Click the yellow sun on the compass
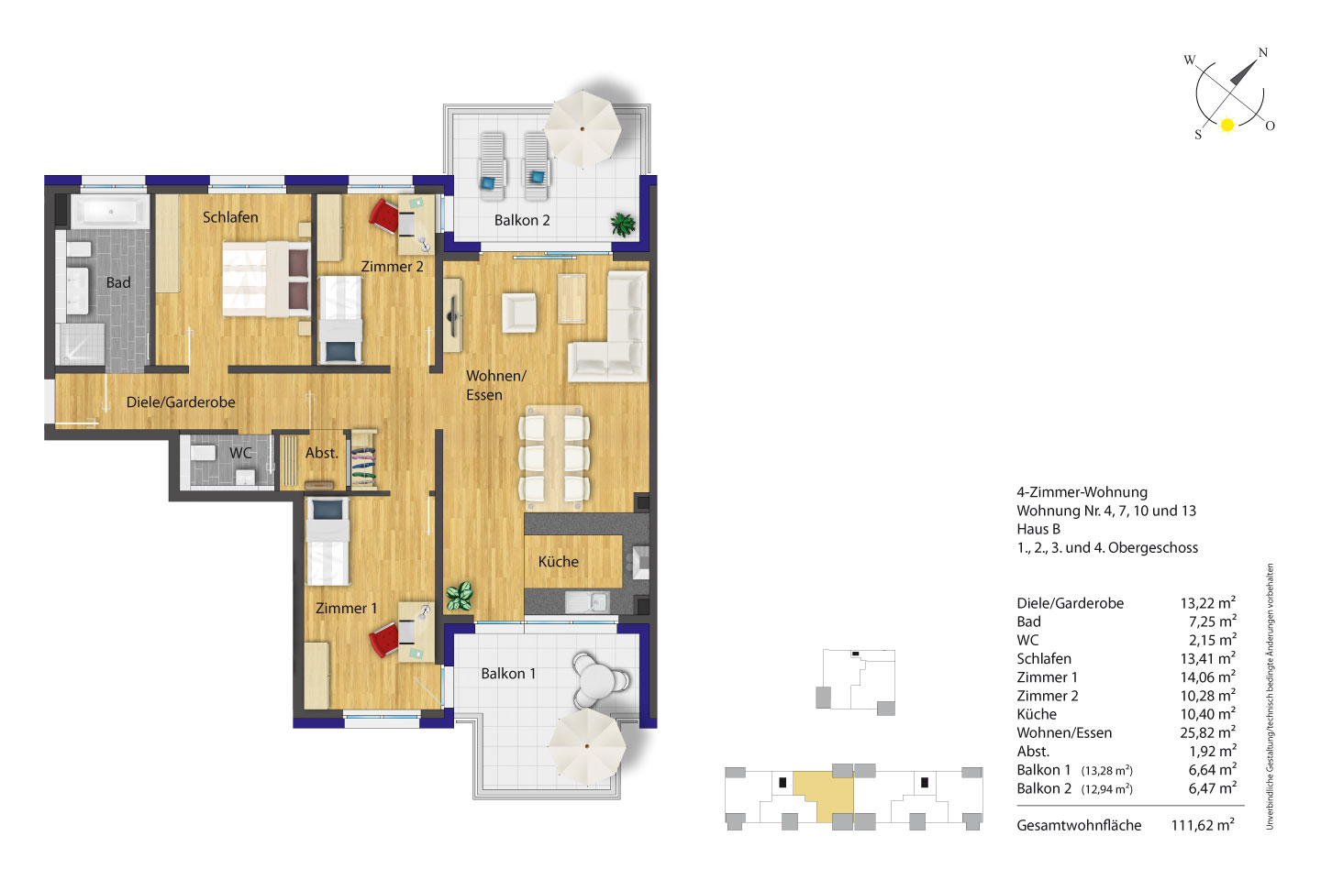pos(1227,125)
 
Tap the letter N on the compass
pos(1262,52)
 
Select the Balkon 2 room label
pos(522,220)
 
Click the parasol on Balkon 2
pos(582,128)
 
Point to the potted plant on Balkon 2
pos(624,225)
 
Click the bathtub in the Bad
pos(110,212)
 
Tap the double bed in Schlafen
pos(267,279)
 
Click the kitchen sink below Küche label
pos(587,602)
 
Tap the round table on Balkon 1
pos(597,680)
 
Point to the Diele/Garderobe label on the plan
pos(181,402)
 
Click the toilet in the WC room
pos(202,453)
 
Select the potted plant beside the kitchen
pos(460,596)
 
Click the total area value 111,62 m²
pos(1203,825)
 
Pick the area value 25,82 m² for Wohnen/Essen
pos(1207,732)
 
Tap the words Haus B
pos(1038,529)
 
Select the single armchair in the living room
pos(519,313)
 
